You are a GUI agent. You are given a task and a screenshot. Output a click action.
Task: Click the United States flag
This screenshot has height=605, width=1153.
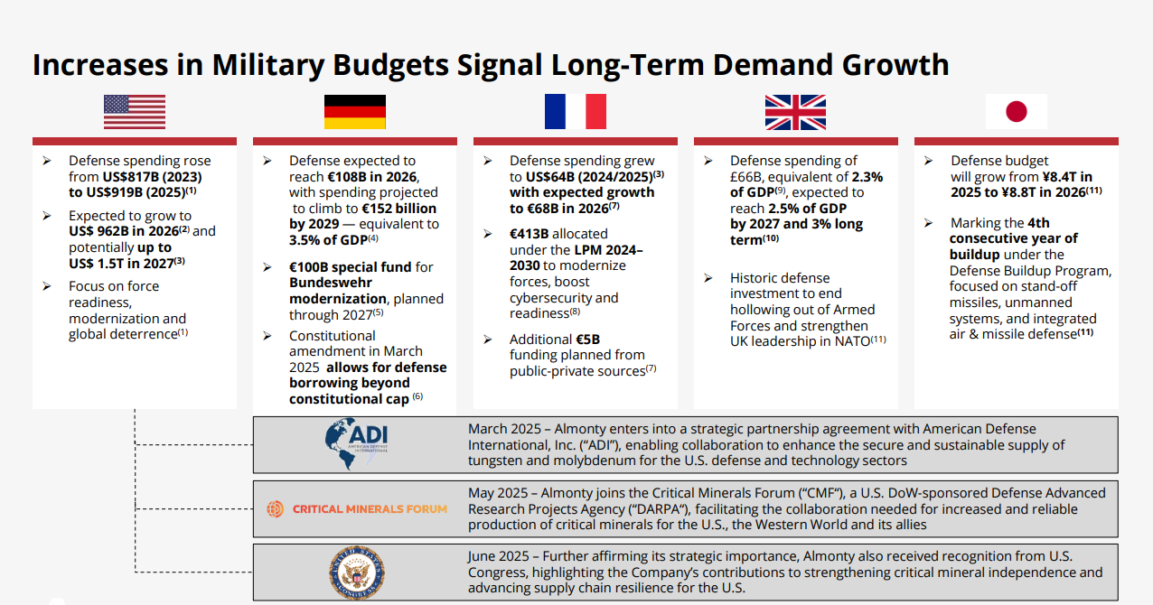[x=135, y=112]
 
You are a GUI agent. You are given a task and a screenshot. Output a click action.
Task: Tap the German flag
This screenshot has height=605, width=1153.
[x=354, y=112]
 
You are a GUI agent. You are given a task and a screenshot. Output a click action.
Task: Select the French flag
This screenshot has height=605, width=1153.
[x=576, y=112]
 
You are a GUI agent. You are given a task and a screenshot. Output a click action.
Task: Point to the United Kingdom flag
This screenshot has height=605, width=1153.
[x=796, y=112]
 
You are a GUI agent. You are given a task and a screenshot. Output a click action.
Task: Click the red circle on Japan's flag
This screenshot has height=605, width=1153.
[x=1017, y=112]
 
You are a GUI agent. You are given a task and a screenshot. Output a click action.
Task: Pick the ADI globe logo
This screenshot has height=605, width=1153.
[x=356, y=443]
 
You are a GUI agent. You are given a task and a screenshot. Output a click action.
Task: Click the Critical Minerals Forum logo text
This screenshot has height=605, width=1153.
[x=370, y=509]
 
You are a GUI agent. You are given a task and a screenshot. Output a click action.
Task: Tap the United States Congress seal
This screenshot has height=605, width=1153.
[x=357, y=572]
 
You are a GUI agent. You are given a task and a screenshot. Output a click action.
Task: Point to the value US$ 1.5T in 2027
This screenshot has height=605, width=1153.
[x=121, y=264]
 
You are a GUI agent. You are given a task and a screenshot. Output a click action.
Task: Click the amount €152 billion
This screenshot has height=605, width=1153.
[x=398, y=209]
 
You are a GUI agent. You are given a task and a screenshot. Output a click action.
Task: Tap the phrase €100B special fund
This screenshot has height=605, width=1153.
[x=350, y=267]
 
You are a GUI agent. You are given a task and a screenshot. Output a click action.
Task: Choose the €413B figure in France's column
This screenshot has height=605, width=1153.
[x=530, y=234]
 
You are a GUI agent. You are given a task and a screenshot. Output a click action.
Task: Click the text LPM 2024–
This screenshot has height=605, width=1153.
[x=608, y=250]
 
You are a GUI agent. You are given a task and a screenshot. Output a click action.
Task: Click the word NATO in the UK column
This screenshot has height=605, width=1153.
[x=853, y=341]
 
